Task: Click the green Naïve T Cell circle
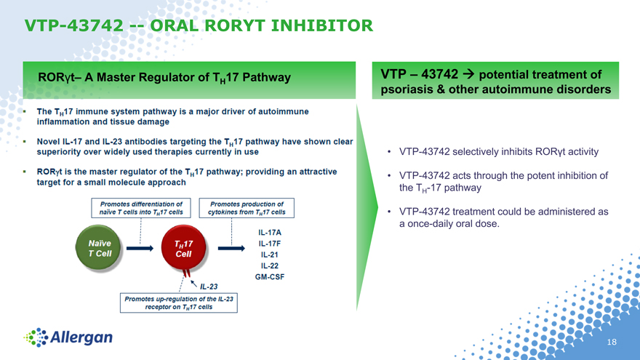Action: (98, 248)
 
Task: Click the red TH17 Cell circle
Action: (183, 248)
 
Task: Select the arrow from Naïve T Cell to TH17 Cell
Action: (140, 248)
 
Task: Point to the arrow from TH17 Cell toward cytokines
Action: (231, 248)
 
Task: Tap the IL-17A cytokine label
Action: (270, 233)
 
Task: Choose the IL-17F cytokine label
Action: (270, 244)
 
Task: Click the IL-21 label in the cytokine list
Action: (270, 255)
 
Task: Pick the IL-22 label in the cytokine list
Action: (270, 265)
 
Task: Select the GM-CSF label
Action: (270, 277)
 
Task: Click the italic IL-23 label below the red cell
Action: (209, 287)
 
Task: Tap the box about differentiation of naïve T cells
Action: (141, 208)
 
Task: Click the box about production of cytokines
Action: (247, 208)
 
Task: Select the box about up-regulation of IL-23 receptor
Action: (179, 303)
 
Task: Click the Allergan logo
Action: (68, 337)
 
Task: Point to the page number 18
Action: (612, 342)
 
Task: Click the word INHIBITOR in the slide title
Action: (321, 25)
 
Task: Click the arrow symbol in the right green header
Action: (468, 74)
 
